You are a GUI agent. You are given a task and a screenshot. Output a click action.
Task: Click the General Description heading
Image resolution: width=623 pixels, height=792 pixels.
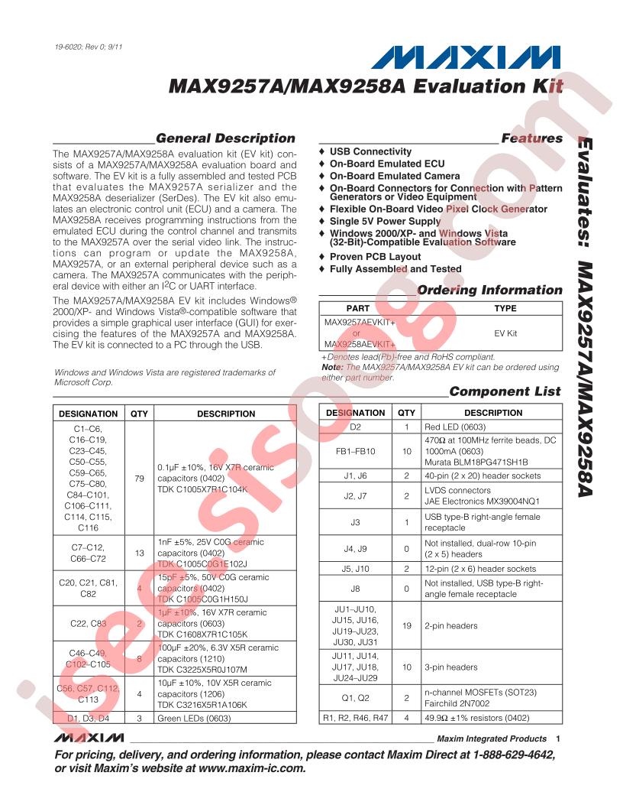pyautogui.click(x=224, y=138)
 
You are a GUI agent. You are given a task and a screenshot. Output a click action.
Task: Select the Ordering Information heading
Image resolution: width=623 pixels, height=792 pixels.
pyautogui.click(x=489, y=291)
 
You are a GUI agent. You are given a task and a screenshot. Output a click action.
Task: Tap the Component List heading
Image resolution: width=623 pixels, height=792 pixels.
pyautogui.click(x=505, y=391)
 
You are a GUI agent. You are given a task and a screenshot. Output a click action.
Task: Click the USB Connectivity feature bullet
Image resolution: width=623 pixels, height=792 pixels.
pyautogui.click(x=370, y=152)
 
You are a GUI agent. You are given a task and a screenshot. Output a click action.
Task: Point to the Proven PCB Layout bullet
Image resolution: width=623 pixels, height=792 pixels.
pyautogui.click(x=375, y=257)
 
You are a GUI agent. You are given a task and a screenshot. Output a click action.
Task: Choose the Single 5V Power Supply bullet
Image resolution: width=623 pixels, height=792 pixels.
pyautogui.click(x=385, y=221)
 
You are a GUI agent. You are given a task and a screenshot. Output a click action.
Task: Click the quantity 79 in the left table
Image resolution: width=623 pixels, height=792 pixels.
pyautogui.click(x=138, y=479)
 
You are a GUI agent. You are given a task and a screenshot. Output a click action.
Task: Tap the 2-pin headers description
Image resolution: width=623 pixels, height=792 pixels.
pyautogui.click(x=450, y=625)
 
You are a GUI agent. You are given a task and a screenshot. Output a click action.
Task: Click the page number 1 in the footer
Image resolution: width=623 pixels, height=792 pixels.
pyautogui.click(x=559, y=738)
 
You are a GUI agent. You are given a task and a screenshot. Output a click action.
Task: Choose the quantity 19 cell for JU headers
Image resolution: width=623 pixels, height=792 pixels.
pyautogui.click(x=407, y=625)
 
